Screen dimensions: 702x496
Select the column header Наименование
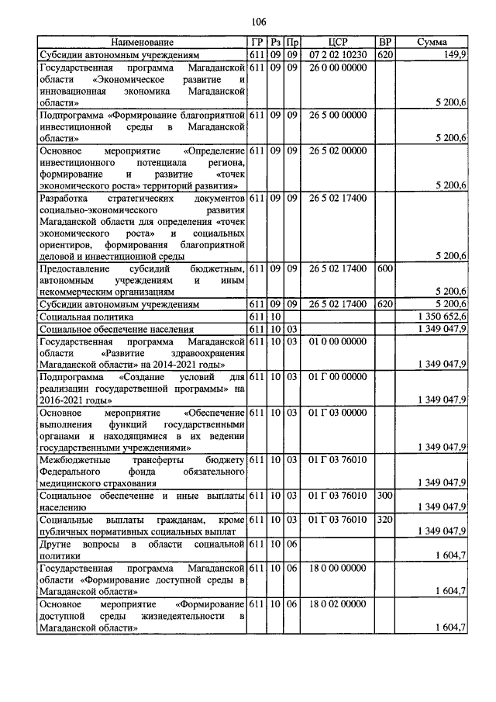tap(142, 42)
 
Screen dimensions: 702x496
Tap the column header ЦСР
tap(338, 42)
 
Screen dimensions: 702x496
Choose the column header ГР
tap(257, 42)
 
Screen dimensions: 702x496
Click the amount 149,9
tap(453, 56)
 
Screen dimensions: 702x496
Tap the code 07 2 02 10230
tap(338, 56)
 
